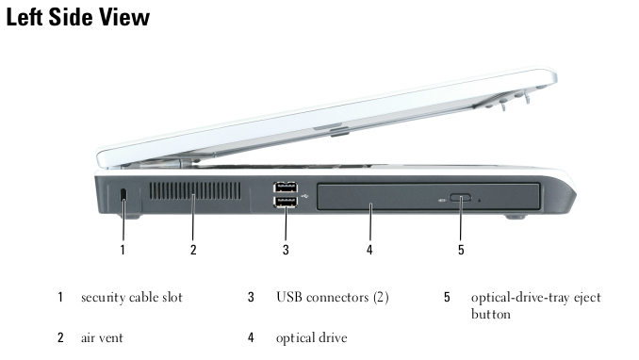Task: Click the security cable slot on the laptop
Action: coord(123,194)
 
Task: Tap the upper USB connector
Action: coord(286,188)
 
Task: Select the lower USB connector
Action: coord(286,202)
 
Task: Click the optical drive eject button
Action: coord(461,198)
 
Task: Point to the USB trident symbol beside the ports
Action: coord(305,196)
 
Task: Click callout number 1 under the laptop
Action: coord(123,250)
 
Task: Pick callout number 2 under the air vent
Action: coord(193,250)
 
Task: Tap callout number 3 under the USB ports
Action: coord(286,250)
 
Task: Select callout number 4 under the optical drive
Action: coord(369,250)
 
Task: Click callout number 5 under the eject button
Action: coord(461,250)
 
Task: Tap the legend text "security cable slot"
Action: coord(132,297)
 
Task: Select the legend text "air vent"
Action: coord(102,337)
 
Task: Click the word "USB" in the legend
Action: coord(289,297)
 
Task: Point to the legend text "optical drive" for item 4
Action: coord(312,338)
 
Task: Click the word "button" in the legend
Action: coord(491,314)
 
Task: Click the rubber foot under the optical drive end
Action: coord(516,216)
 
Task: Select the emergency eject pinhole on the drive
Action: coord(479,200)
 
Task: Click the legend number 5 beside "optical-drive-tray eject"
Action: coord(447,297)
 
